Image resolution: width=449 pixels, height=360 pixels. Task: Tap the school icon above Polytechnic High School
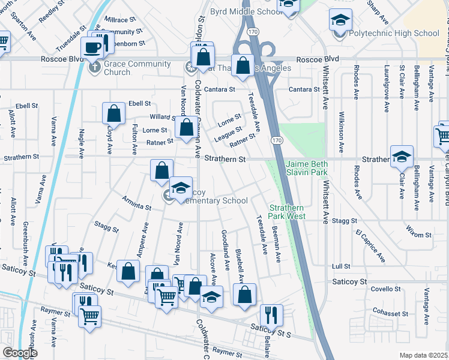340,20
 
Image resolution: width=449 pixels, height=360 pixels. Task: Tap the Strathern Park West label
287,211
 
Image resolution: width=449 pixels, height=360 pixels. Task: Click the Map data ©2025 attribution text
423,355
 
